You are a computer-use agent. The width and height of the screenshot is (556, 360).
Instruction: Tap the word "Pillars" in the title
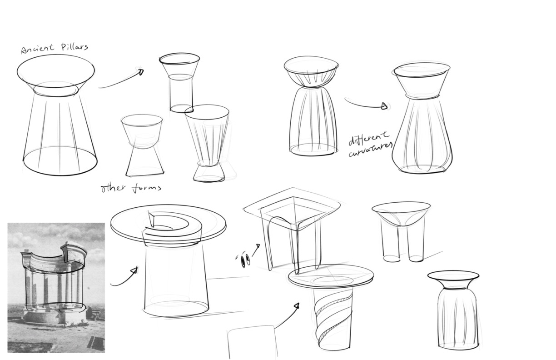pos(74,47)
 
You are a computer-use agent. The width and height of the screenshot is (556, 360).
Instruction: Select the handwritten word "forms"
pos(146,188)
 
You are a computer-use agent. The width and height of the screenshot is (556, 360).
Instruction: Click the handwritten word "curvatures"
pos(370,150)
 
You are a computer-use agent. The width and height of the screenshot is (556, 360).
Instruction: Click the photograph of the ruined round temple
pos(56,287)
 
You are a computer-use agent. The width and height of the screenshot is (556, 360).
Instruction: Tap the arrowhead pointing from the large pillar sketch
pos(141,72)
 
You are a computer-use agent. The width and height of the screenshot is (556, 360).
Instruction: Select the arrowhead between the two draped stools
pos(384,106)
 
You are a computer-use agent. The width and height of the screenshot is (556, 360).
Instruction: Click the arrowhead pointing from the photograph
pos(134,270)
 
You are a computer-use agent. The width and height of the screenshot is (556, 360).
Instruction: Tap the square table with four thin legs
pos(293,229)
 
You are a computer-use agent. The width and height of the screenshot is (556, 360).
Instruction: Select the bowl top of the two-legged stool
pos(401,214)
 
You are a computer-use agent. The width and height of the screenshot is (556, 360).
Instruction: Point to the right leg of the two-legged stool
pos(416,244)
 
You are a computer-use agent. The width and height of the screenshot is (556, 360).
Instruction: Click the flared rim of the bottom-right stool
pos(453,280)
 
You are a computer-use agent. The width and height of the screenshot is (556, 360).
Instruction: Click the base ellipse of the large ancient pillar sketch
pos(60,161)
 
